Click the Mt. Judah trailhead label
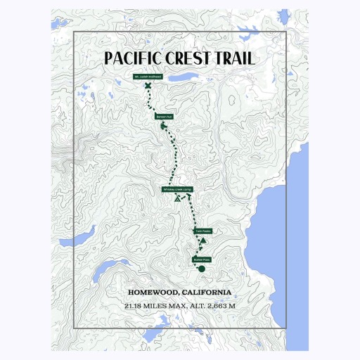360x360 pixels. pyautogui.click(x=148, y=77)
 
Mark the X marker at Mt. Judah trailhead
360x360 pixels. pyautogui.click(x=148, y=86)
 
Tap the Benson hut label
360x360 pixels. pyautogui.click(x=164, y=117)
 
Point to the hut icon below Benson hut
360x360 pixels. pyautogui.click(x=164, y=126)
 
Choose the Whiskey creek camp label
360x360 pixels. pyautogui.click(x=177, y=190)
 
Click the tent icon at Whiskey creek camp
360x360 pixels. pyautogui.click(x=177, y=200)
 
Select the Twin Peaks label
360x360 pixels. pyautogui.click(x=202, y=231)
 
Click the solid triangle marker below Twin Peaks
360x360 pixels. pyautogui.click(x=202, y=241)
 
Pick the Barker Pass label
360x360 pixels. pyautogui.click(x=202, y=259)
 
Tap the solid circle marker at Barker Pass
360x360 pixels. pyautogui.click(x=202, y=269)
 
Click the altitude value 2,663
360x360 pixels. pyautogui.click(x=214, y=307)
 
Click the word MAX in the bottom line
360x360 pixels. pyautogui.click(x=176, y=307)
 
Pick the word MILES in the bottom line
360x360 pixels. pyautogui.click(x=155, y=307)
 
